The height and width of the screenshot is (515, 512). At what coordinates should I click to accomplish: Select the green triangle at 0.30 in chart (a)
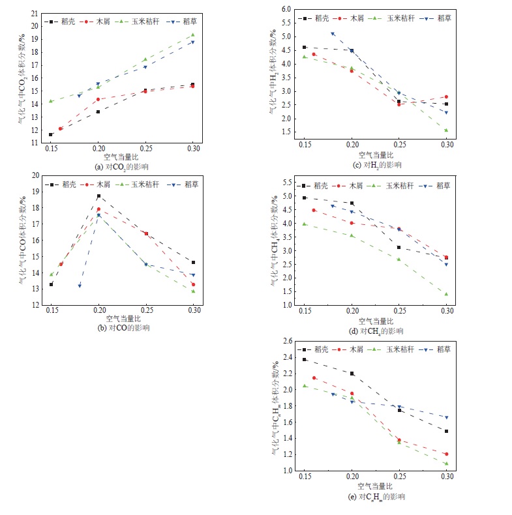tap(192, 35)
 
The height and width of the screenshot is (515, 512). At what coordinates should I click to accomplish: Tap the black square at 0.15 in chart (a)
tap(51, 134)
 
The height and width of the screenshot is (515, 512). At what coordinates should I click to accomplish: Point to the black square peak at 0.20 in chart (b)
tap(98, 196)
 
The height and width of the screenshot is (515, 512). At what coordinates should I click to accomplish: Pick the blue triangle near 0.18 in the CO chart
tap(80, 286)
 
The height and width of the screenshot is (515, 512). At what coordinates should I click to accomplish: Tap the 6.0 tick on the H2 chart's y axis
tap(284, 9)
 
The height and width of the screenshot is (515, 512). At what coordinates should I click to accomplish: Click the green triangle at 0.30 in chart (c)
tap(447, 130)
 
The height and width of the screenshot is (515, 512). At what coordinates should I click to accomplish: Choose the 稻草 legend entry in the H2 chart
tap(439, 18)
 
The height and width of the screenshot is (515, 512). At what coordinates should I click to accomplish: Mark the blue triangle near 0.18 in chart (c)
tap(333, 34)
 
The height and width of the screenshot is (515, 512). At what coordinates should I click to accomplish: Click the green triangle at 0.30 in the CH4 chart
tap(447, 294)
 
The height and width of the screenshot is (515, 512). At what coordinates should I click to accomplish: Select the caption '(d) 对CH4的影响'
tap(376, 331)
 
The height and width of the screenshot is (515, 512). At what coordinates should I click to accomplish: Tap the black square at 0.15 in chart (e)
tap(304, 359)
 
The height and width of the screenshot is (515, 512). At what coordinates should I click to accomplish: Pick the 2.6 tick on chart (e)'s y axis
tap(284, 341)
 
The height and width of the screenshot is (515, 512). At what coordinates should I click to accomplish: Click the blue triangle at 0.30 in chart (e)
tap(447, 417)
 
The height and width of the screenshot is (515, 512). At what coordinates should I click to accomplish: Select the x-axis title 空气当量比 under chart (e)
tap(376, 486)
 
